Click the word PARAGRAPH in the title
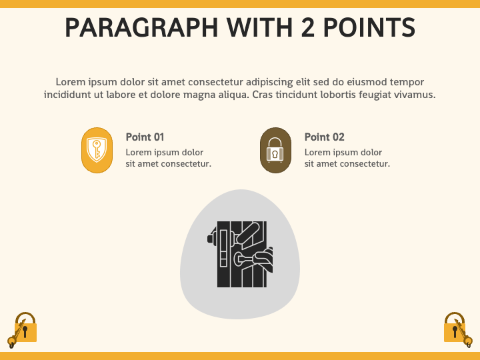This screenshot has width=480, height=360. (141, 27)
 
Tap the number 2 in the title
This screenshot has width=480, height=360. (308, 27)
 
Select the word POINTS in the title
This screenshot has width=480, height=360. (369, 27)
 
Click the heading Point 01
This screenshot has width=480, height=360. (145, 137)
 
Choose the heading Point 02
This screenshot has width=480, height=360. (324, 137)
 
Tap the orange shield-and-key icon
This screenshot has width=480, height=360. (97, 150)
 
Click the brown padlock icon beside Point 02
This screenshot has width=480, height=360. (275, 150)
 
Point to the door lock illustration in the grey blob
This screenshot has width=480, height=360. (240, 254)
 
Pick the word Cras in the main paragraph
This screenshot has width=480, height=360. (263, 95)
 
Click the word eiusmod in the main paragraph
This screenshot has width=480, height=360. (367, 82)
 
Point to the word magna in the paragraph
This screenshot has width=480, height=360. (199, 95)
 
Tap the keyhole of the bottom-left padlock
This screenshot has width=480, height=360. (25, 331)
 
